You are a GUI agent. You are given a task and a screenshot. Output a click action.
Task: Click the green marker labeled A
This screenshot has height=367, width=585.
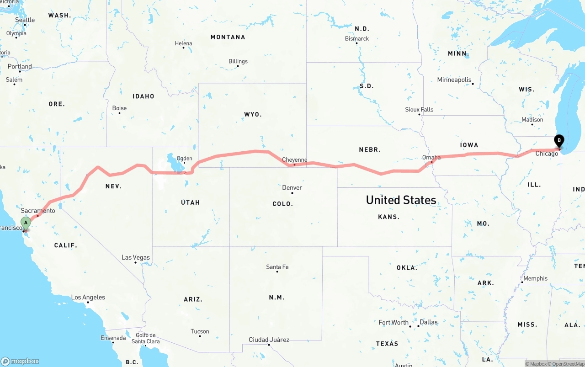pos(26,223)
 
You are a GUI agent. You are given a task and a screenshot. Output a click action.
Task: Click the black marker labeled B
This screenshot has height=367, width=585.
pos(558,141)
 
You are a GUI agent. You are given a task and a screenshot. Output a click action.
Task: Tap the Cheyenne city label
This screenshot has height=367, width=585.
pos(294,160)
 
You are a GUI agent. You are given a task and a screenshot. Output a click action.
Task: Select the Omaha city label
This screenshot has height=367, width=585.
pos(431,157)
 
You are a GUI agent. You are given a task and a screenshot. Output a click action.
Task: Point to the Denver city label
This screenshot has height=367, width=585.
pos(292,187)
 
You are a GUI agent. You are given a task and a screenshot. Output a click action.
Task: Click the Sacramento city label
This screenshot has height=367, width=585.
pos(38,211)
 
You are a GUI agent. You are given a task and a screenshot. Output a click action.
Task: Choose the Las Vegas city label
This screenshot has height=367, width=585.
pos(136,257)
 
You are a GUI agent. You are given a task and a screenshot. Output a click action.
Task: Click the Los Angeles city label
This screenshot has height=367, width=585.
pos(88,298)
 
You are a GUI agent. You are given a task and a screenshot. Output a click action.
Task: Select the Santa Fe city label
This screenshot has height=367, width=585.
pos(277,267)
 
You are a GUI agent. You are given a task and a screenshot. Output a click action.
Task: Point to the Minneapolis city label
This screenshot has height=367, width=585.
pos(454,80)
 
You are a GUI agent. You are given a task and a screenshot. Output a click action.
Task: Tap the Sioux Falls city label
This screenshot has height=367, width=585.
pos(419,110)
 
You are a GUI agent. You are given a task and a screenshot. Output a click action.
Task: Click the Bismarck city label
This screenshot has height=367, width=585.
pos(357,39)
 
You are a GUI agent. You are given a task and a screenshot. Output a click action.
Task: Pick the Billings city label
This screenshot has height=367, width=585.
pos(238,61)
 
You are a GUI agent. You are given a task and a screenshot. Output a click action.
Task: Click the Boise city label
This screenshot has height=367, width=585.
pos(119,108)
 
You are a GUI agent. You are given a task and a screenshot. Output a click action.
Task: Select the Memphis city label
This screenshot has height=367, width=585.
pos(535,278)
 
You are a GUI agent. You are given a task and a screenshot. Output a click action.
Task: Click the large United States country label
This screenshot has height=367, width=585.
pos(401,200)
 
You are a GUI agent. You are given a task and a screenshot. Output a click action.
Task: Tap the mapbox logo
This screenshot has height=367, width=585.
pos(20,361)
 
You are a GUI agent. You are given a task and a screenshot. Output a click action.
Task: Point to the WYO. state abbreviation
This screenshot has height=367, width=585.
pos(253,114)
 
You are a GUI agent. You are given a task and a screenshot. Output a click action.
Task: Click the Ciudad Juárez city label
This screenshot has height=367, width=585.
pos(269,340)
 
